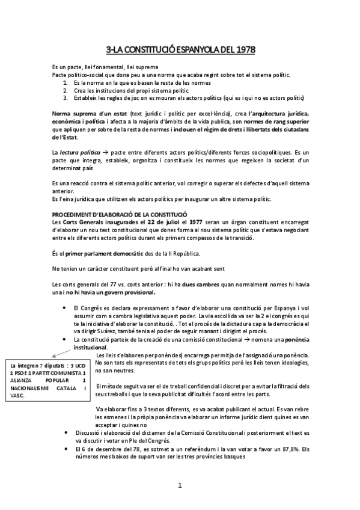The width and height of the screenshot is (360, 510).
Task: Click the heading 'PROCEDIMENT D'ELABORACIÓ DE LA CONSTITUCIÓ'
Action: pos(120,214)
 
